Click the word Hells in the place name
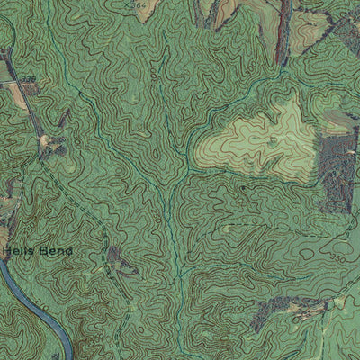pyautogui.click(x=19, y=251)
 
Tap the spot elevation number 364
pyautogui.click(x=138, y=5)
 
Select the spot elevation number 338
pyautogui.click(x=30, y=79)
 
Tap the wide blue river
pyautogui.click(x=40, y=310)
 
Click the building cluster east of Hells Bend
pyautogui.click(x=117, y=259)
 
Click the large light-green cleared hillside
pyautogui.click(x=261, y=135)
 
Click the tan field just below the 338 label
pyautogui.click(x=18, y=97)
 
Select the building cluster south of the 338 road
pyautogui.click(x=49, y=142)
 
